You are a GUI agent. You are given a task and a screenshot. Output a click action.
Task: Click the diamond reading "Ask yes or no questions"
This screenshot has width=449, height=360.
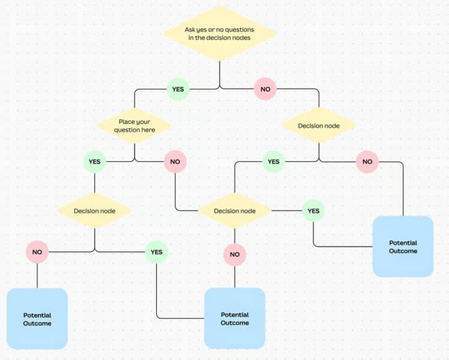[220, 34]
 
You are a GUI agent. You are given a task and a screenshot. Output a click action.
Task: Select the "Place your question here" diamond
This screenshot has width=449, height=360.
[135, 126]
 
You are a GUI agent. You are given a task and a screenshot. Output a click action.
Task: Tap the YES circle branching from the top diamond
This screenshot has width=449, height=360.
[178, 89]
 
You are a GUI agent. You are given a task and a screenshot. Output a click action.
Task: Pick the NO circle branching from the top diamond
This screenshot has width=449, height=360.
[265, 89]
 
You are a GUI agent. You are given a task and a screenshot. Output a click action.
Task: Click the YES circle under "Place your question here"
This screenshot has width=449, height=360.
[95, 162]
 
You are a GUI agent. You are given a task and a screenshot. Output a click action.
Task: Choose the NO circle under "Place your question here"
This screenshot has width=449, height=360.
[175, 162]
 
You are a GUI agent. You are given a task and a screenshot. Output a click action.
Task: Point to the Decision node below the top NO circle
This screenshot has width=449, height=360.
[319, 125]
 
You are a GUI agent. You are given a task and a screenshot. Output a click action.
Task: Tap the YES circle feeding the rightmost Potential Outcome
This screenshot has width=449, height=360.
[314, 211]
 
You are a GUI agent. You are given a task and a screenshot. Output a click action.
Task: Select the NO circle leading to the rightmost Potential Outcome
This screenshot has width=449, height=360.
[367, 162]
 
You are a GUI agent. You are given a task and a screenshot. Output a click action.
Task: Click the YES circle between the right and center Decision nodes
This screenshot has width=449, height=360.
[274, 162]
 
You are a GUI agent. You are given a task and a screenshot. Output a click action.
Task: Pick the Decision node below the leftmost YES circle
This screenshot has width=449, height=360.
[95, 211]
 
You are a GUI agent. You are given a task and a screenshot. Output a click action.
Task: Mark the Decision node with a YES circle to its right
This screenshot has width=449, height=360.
[235, 211]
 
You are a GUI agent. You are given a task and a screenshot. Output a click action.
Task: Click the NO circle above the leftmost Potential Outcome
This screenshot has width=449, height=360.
[37, 252]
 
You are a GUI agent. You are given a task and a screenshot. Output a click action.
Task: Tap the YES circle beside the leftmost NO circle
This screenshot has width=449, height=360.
[157, 252]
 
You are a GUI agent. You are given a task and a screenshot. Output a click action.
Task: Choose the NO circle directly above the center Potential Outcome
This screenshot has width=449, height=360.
[235, 255]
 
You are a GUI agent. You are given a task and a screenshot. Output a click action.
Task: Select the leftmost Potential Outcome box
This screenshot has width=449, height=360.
[37, 319]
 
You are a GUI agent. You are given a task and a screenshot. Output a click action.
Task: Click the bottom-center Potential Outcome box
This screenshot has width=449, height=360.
[235, 318]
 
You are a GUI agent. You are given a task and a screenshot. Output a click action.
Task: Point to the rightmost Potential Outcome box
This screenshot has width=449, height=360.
[403, 246]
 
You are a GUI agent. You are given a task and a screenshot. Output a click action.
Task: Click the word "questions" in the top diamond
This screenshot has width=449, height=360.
[239, 30]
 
